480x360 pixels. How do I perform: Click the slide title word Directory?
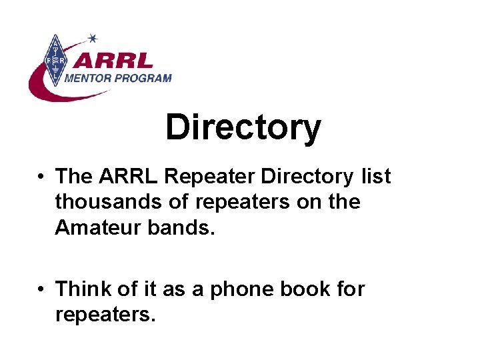243,127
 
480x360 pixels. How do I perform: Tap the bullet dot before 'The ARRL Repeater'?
41,177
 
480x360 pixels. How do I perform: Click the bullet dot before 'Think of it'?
41,290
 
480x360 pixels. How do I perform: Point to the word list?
375,177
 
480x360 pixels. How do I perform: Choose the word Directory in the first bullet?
307,177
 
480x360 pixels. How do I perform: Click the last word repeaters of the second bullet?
105,315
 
